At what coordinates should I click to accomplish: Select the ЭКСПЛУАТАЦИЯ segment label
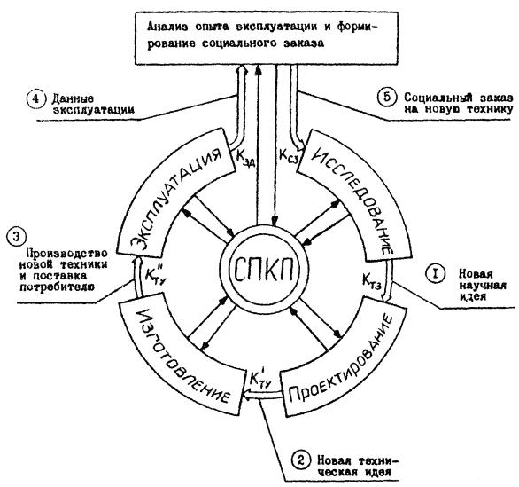point(176,198)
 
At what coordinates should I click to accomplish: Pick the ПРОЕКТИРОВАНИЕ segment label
point(342,357)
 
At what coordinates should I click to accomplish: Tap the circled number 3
point(17,237)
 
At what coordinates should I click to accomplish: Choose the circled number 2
point(301,460)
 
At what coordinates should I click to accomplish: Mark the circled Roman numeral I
point(435,274)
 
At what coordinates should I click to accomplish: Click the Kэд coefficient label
point(245,157)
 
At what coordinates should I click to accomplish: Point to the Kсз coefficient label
point(289,156)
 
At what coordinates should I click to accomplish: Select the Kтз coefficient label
point(372,280)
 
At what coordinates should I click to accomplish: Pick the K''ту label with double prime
point(155,273)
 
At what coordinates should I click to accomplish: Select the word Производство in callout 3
point(66,254)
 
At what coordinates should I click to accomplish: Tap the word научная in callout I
point(483,285)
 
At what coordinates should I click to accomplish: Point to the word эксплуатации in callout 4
point(93,110)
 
